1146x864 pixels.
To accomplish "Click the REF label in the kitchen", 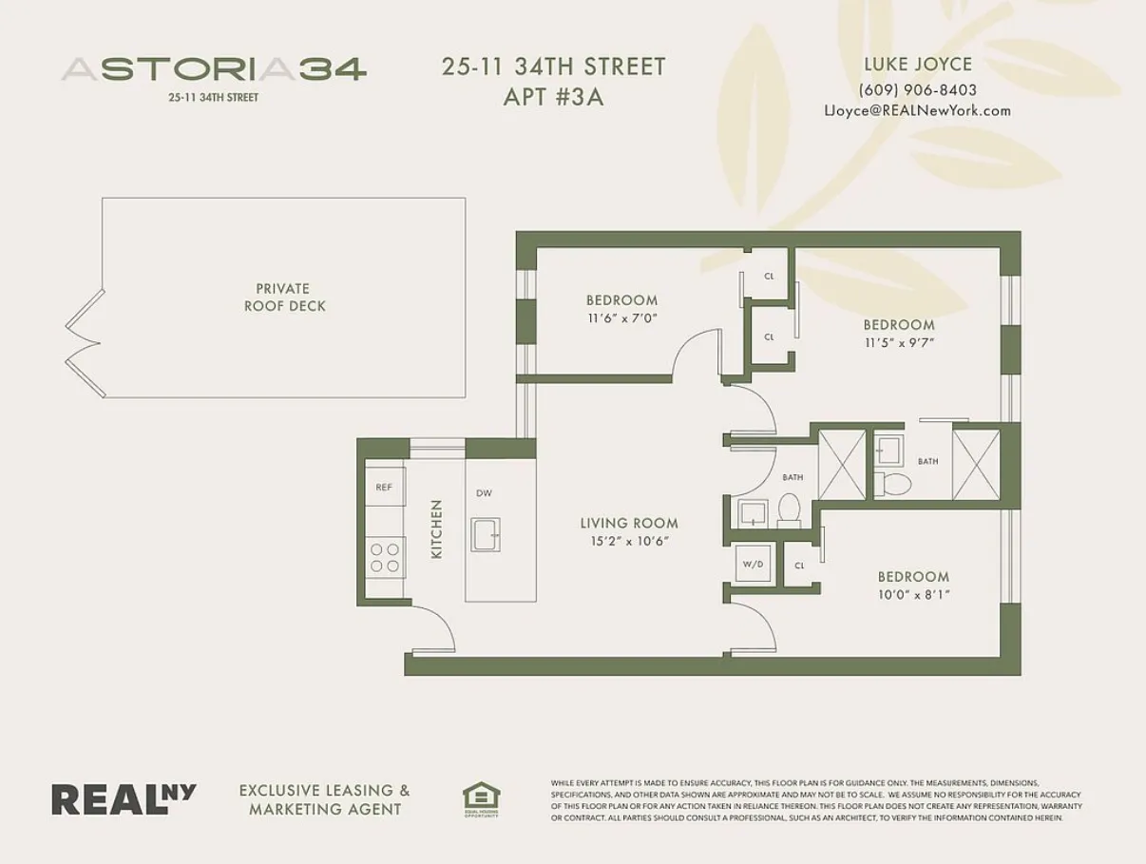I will [x=384, y=488].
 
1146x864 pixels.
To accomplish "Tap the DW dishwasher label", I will [x=484, y=493].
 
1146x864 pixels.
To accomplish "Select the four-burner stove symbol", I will [x=385, y=557].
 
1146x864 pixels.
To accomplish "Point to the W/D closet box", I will [x=753, y=565].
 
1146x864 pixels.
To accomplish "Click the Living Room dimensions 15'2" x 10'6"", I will [x=629, y=541].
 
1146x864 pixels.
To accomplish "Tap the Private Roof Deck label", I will [x=283, y=298].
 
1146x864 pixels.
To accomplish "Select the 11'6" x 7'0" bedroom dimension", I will [x=621, y=319].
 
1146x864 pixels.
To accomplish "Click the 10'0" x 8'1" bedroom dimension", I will [x=913, y=594].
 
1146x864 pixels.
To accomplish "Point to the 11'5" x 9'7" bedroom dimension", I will [x=899, y=342].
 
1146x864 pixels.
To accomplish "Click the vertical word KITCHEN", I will [x=437, y=529].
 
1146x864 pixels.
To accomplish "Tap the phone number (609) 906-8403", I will [x=917, y=90].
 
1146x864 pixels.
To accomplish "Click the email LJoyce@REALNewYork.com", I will [x=917, y=110].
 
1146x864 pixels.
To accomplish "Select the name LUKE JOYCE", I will [x=917, y=65].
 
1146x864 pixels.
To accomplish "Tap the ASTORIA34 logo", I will [x=214, y=69].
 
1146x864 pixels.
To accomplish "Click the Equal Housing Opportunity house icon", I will [x=481, y=798].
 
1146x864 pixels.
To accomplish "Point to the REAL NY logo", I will [x=124, y=798].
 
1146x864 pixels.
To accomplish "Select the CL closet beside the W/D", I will [x=799, y=566].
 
